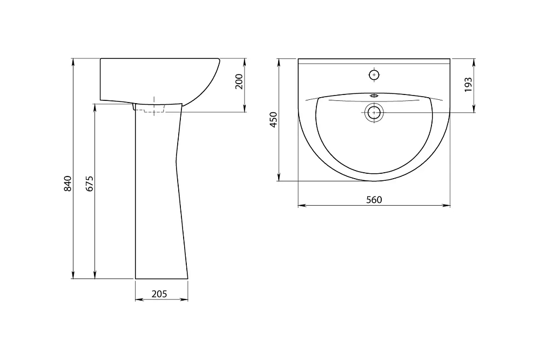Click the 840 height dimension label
pos(68,184)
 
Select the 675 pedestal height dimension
pos(90,184)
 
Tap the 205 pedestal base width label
pos(159,294)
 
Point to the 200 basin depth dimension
pos(239,81)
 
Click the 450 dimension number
pos(273,119)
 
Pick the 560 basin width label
pos(374,200)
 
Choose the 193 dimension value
pos(468,85)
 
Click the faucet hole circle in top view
pos(374,74)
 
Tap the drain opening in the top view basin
pos(374,112)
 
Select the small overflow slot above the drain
pos(374,96)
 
